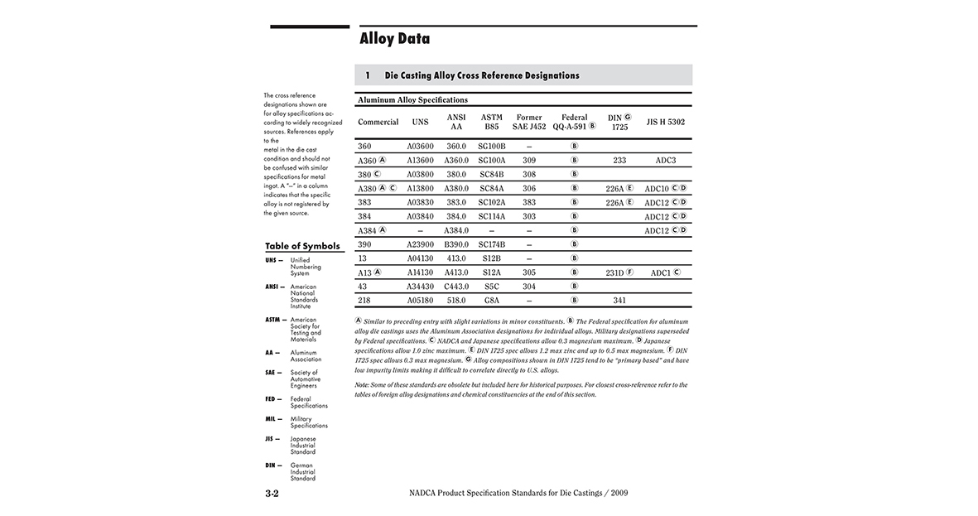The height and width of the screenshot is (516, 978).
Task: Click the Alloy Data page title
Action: [x=394, y=39]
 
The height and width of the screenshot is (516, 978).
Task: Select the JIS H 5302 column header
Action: [x=665, y=123]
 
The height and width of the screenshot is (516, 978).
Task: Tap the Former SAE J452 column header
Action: [x=529, y=123]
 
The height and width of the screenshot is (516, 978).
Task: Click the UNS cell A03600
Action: [x=420, y=146]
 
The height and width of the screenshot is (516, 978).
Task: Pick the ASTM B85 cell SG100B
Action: [x=492, y=146]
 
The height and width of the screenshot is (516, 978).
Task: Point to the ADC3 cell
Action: [x=665, y=160]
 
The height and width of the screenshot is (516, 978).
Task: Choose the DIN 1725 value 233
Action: [x=619, y=160]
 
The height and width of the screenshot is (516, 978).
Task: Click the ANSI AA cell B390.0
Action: [x=456, y=244]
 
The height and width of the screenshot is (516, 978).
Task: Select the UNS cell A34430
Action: [x=420, y=287]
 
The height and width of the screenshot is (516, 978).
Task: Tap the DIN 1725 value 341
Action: [x=619, y=301]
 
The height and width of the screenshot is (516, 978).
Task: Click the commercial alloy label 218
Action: [x=364, y=301]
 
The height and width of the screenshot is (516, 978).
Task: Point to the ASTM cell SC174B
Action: [x=492, y=244]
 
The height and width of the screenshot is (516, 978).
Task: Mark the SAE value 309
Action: [x=529, y=160]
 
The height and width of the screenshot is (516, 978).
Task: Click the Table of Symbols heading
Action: [x=302, y=247]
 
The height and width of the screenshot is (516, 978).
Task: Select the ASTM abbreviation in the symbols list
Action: [x=273, y=320]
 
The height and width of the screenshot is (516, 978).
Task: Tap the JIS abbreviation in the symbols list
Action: [x=270, y=439]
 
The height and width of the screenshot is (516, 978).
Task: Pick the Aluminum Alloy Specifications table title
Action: [x=412, y=99]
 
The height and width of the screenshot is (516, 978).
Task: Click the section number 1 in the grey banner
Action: [x=368, y=75]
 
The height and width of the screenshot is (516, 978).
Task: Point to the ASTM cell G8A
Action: [x=492, y=301]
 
